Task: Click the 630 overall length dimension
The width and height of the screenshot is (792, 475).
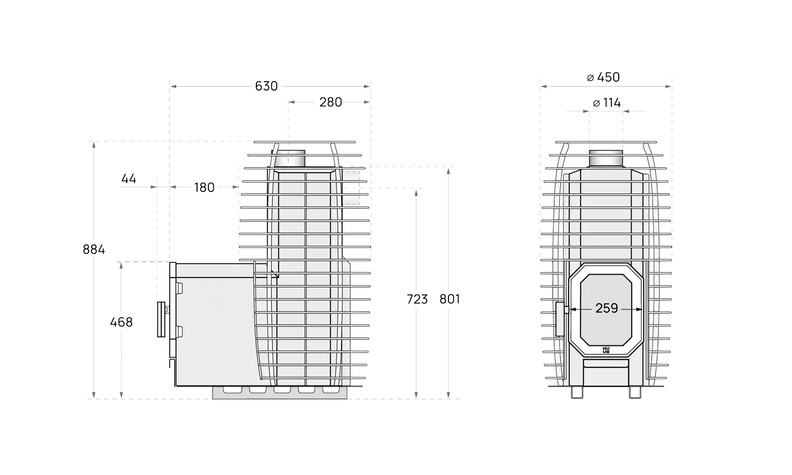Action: coord(266,86)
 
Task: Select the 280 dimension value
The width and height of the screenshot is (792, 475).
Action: coord(330,102)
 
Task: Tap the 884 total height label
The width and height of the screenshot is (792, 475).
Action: coord(94,249)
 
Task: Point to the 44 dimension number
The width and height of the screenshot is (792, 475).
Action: coord(129,179)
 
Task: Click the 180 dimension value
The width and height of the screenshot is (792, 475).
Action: coord(204,188)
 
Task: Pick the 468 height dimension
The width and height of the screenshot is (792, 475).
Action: coord(121,322)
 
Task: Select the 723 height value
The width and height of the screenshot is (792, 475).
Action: coord(417,299)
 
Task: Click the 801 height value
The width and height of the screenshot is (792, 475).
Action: coord(449,299)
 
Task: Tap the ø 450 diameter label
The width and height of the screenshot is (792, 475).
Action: coord(603,77)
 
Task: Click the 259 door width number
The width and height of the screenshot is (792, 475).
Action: coord(606,308)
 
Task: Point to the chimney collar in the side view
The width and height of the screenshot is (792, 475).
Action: coord(290,158)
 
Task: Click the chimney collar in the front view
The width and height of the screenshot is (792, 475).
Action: coord(606,158)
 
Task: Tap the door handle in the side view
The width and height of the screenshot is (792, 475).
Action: coord(161,319)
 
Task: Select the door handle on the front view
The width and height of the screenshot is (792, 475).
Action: coord(559,319)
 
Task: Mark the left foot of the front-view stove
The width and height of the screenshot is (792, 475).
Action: coord(577,392)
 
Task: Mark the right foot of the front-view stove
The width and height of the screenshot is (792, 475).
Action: coord(635,392)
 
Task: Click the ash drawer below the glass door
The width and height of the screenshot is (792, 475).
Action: coord(606,364)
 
